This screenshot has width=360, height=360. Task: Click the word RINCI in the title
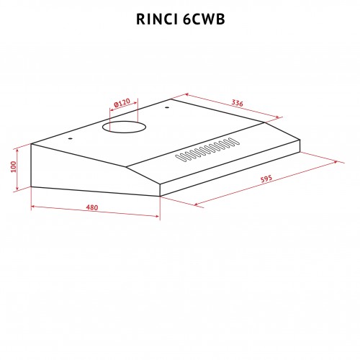(157, 19)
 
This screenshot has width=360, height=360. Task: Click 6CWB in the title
(204, 19)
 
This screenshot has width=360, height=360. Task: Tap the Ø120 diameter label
(122, 103)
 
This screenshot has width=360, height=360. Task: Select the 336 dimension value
(237, 103)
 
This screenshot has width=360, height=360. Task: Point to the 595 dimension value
(266, 179)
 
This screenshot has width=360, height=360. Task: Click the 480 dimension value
(92, 207)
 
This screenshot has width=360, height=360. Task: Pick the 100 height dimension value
(14, 166)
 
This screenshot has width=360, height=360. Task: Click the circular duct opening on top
(124, 127)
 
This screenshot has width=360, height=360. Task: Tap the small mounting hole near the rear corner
(167, 107)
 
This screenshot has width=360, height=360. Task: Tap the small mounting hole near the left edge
(70, 139)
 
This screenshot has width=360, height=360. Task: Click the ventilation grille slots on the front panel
(207, 150)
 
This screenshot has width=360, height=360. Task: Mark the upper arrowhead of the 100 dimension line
(17, 150)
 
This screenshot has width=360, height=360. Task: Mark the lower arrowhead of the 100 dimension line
(17, 188)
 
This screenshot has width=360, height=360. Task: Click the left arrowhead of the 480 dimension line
(34, 207)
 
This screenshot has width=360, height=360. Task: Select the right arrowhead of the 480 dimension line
(158, 216)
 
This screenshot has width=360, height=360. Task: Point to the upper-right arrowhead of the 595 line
(336, 162)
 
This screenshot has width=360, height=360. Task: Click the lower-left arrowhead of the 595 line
(196, 204)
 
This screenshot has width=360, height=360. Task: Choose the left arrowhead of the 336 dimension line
(187, 95)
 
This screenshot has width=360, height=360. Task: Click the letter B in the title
(220, 19)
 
